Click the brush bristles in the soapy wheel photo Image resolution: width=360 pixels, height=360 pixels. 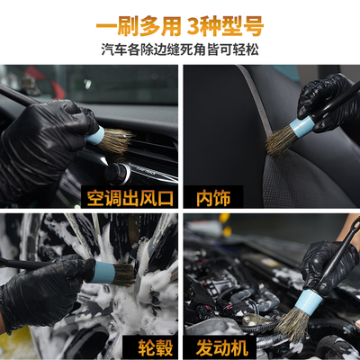(x=121, y=274)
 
